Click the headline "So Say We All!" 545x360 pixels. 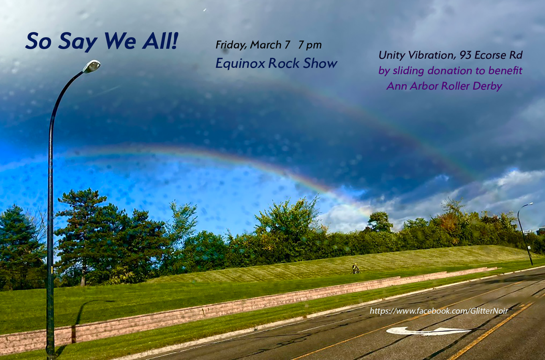pos(102,41)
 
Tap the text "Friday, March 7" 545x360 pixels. pos(253,45)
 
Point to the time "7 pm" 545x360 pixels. pos(310,45)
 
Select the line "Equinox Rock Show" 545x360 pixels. pos(276,63)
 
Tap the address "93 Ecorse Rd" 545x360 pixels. pos(491,55)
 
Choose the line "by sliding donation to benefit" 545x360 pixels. pos(450,71)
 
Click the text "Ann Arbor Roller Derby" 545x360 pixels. pos(444,86)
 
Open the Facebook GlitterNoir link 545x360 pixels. pos(439,311)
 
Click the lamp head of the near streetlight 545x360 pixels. pos(92,66)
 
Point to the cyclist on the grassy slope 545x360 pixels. pos(356,269)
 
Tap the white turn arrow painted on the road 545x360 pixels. pos(428,331)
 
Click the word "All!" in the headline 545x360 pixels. pos(160,41)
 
